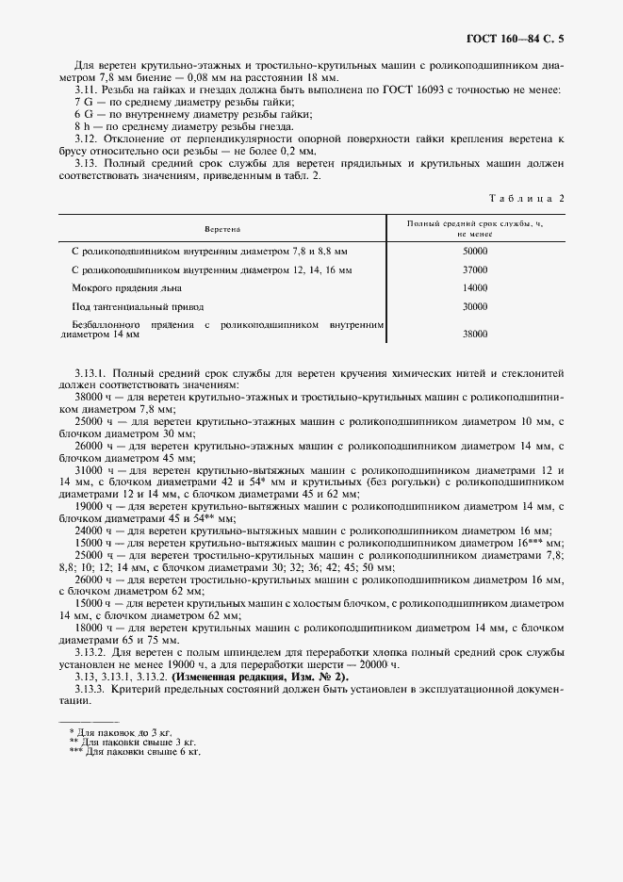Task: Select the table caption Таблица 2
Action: pos(527,198)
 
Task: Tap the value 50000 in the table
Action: pos(475,252)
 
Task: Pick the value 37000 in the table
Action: pos(475,269)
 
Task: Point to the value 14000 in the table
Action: pos(475,287)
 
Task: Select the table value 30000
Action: pos(475,306)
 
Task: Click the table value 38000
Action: pos(475,334)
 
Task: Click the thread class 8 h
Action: pos(82,126)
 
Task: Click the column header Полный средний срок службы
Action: pos(475,224)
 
